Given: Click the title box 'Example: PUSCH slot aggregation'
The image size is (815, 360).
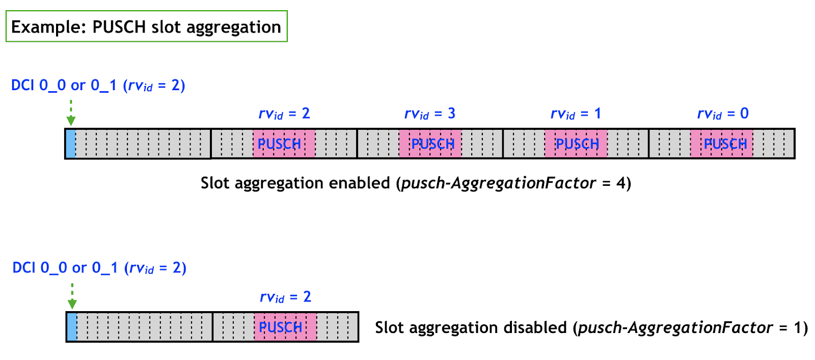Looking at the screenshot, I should (146, 26).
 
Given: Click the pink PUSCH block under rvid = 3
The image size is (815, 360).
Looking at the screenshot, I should (430, 144).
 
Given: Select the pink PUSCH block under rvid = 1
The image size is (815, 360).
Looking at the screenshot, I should (576, 144).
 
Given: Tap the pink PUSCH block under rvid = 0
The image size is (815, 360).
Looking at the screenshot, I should (722, 144).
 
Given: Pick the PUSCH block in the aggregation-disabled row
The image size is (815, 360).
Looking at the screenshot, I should (285, 327).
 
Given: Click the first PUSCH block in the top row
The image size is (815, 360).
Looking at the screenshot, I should (284, 144).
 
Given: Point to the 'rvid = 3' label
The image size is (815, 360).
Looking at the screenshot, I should (429, 114).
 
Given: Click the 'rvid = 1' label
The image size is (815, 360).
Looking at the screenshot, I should (576, 114).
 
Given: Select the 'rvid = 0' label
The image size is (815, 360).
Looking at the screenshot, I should (722, 114).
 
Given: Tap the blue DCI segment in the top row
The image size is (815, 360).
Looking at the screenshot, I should (71, 144).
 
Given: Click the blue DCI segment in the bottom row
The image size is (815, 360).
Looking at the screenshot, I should (72, 327).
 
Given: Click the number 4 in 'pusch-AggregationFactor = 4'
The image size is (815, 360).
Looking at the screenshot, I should (621, 183).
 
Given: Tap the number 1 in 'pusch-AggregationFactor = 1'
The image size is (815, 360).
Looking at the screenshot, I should (798, 327).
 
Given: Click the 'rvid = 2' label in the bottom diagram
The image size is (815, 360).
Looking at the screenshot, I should (285, 297).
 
